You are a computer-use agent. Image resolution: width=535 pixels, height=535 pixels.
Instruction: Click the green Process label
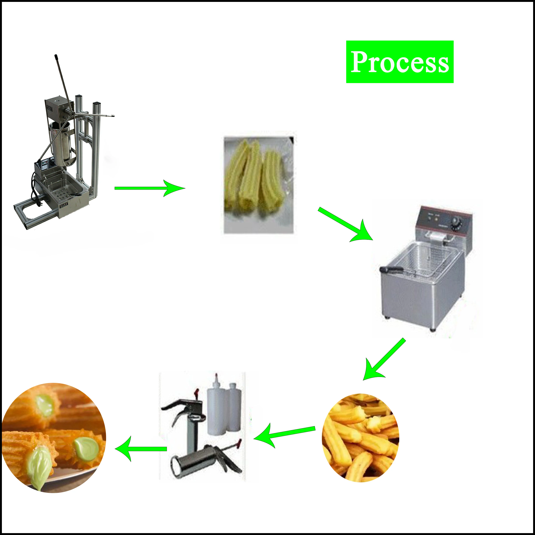(x=400, y=62)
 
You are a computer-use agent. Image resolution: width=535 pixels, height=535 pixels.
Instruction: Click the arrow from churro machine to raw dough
(x=150, y=188)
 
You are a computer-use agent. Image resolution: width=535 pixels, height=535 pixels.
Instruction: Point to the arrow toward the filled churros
(x=141, y=449)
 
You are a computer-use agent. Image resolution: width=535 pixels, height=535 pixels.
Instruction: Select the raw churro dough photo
(x=258, y=185)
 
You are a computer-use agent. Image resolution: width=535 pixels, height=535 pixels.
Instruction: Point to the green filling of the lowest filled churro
(x=39, y=468)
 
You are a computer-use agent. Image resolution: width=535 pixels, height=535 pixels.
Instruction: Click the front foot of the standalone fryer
(x=433, y=330)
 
